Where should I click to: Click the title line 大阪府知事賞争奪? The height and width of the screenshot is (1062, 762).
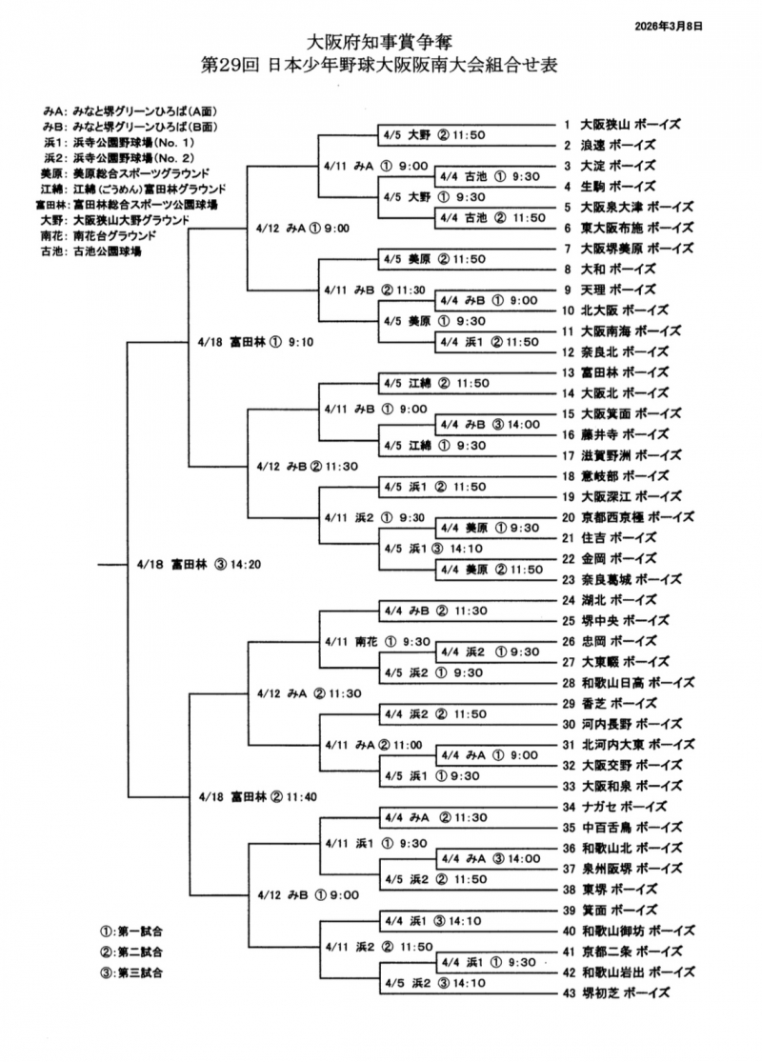pos(380,42)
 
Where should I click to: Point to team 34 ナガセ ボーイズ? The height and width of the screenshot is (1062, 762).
pos(609,807)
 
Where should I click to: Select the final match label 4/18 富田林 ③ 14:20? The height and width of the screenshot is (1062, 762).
pos(198,564)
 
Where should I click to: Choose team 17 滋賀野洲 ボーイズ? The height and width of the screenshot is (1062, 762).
pos(620,455)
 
